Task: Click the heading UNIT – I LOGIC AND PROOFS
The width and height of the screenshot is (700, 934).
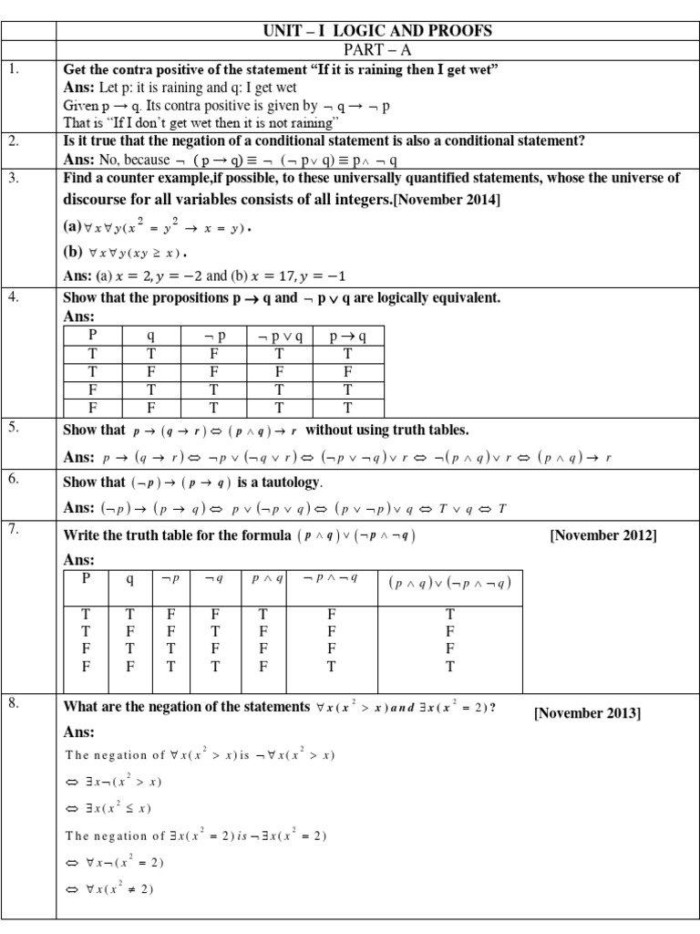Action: (376, 31)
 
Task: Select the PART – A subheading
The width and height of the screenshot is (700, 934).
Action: (376, 50)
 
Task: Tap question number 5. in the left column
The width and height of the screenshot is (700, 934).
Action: (13, 427)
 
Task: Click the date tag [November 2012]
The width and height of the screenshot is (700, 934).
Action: (602, 535)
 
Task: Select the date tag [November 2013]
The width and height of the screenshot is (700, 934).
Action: (587, 713)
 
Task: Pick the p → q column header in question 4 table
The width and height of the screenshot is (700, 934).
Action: (348, 335)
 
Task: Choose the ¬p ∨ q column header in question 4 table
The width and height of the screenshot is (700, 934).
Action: (281, 335)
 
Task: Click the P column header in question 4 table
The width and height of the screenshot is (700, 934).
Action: (92, 335)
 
